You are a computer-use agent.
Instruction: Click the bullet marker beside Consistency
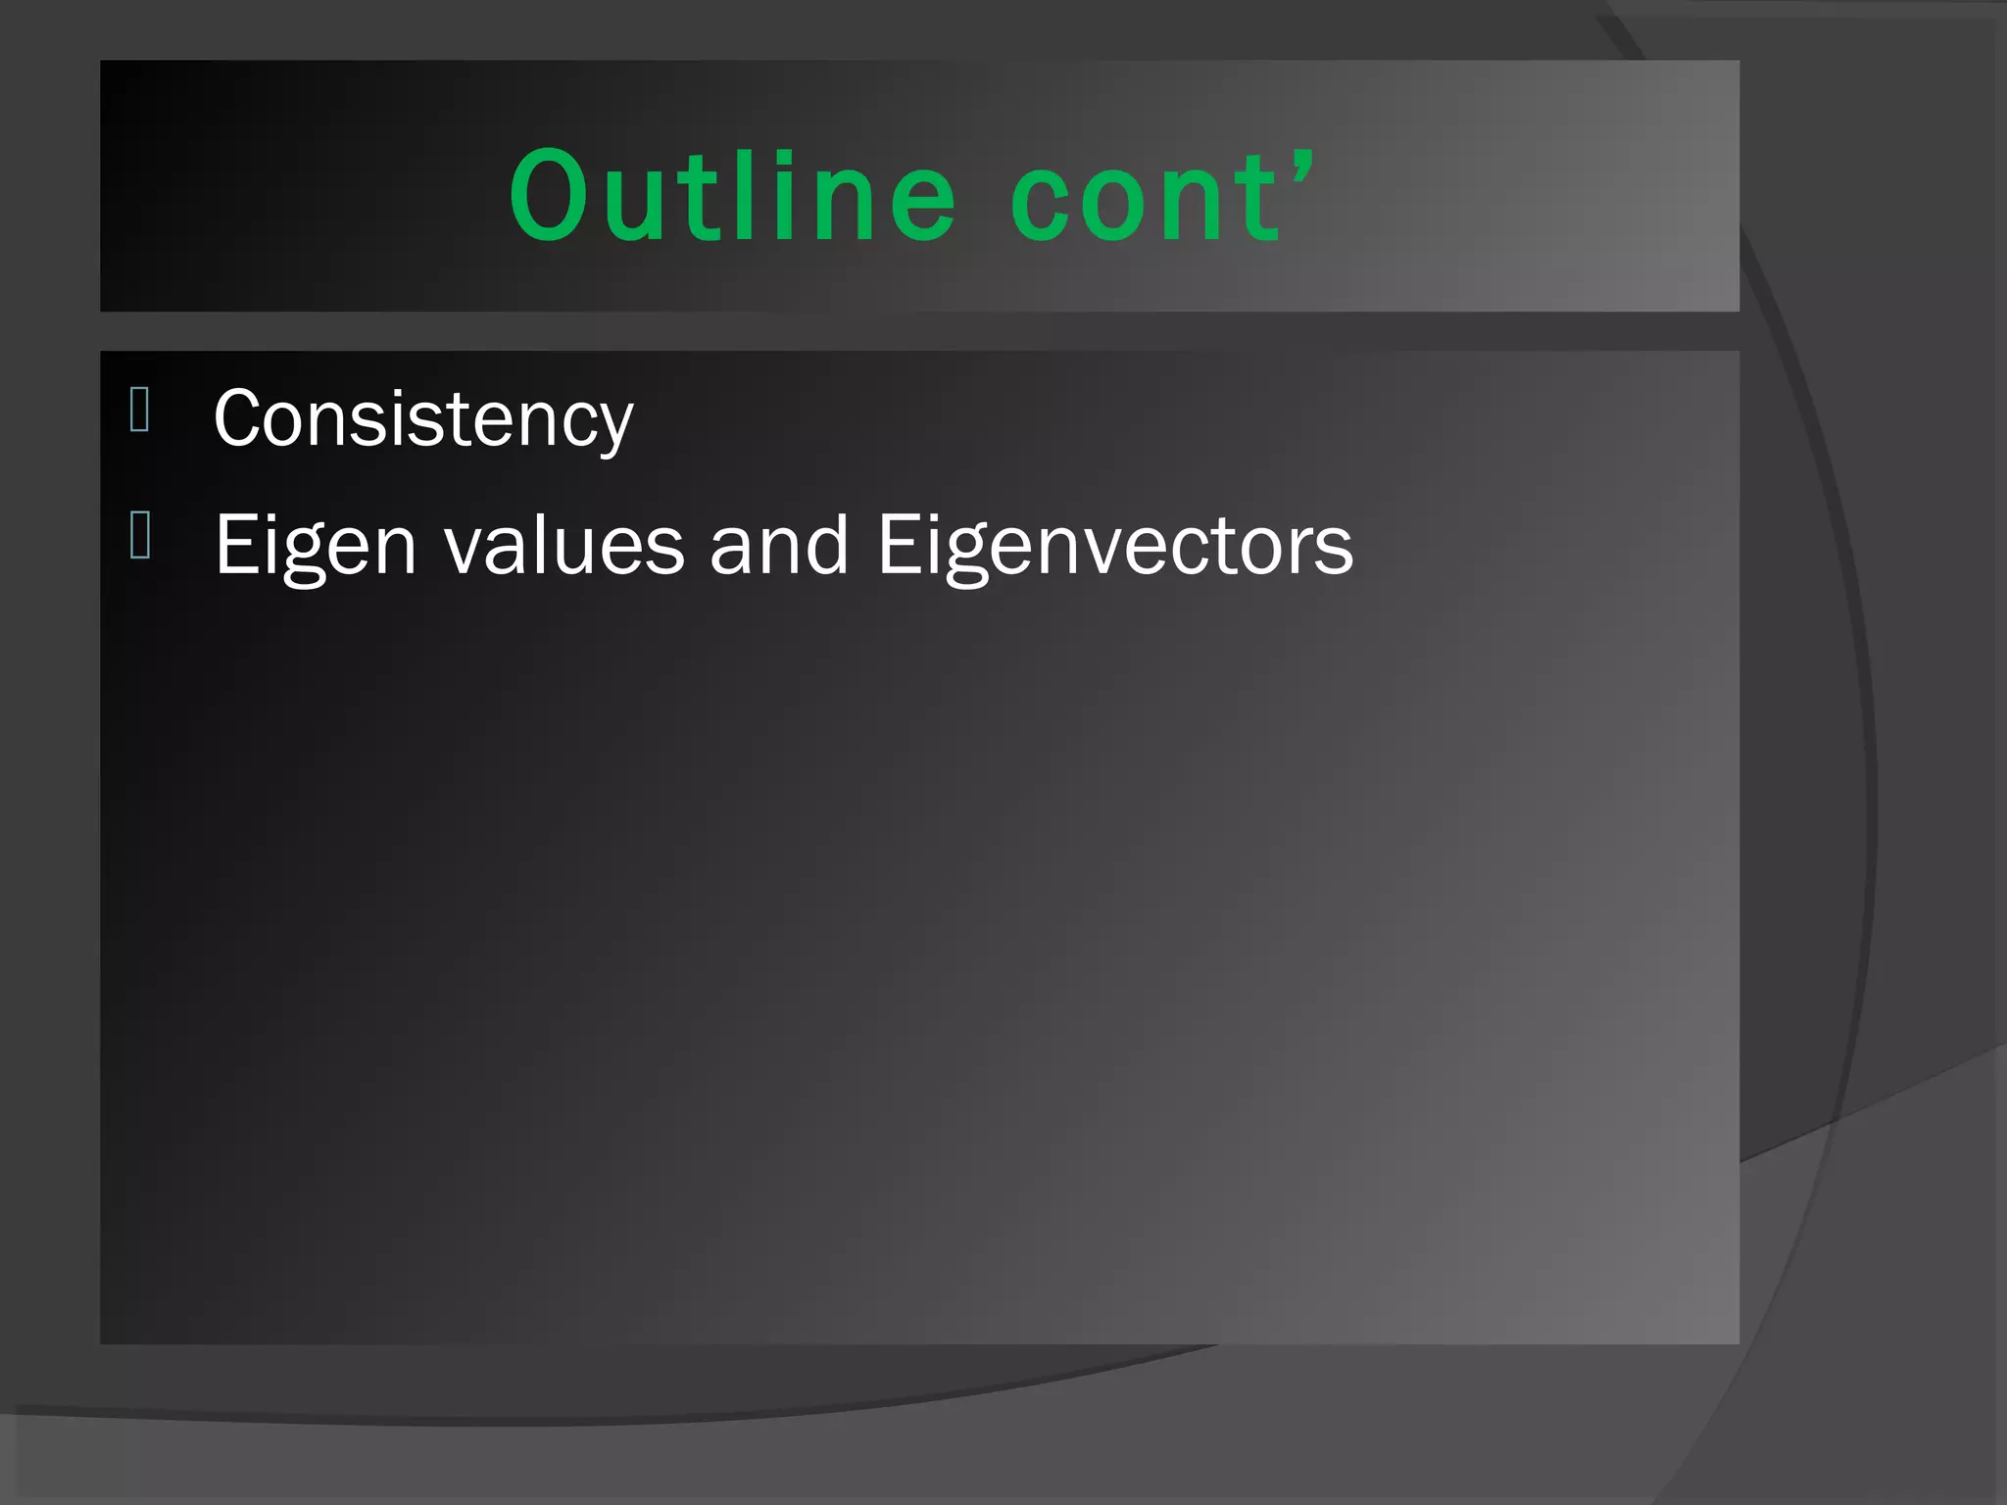(139, 410)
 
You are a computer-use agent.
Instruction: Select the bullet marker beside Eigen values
(139, 536)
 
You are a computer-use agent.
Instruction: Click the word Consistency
(423, 419)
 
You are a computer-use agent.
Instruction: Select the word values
(564, 546)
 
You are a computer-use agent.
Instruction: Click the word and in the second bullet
(779, 546)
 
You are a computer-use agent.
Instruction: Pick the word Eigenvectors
(1115, 546)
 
